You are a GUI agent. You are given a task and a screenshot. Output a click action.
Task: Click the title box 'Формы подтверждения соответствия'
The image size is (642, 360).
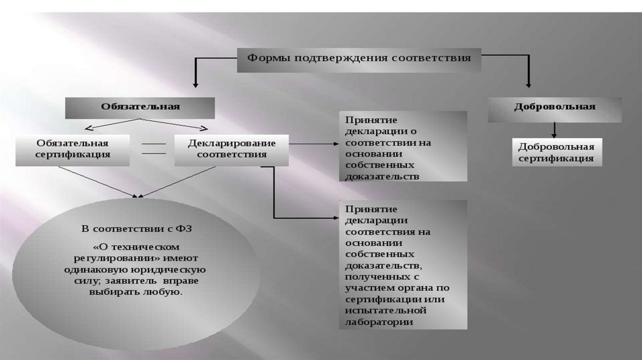coord(358,59)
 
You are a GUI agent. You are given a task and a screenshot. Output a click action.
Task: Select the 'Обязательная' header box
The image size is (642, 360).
coord(140,107)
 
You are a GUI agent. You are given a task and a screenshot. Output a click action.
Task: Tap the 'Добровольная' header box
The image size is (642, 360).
coord(555,107)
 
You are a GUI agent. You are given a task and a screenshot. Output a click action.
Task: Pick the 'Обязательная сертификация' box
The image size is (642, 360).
coord(73,149)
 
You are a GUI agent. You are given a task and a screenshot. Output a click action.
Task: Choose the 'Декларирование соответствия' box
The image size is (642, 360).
coord(231,149)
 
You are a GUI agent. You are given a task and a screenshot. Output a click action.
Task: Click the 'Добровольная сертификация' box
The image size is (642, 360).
coord(556,152)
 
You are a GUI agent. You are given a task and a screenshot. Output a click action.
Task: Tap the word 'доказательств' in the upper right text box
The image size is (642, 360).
coord(381,177)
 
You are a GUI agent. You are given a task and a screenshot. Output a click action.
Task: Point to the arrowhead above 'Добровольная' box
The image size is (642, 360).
coord(529,83)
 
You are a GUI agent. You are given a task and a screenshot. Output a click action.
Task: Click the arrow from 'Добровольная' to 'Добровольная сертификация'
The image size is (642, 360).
coord(554,129)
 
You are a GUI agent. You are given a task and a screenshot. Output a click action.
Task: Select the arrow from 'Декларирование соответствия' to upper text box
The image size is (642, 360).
coord(313,144)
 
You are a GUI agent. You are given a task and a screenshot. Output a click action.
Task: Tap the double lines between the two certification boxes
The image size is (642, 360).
coord(152,149)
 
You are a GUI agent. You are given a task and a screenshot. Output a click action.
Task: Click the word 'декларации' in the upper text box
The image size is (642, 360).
coord(375,131)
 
